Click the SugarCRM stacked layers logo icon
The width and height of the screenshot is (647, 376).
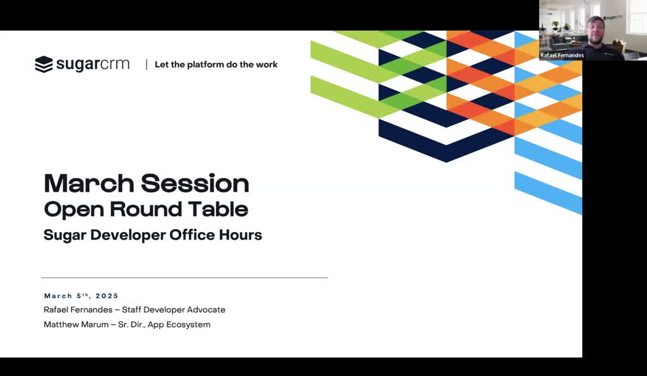[x=44, y=64]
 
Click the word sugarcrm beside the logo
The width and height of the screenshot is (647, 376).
[x=93, y=64]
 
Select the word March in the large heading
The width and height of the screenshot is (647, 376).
[x=88, y=183]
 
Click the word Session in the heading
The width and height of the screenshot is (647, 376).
[x=195, y=183]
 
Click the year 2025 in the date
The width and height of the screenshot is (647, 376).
[x=107, y=296]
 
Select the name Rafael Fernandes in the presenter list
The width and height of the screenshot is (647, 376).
[x=78, y=310]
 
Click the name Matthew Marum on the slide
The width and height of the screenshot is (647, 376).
[x=76, y=324]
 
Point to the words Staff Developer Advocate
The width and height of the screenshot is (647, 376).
[x=174, y=310]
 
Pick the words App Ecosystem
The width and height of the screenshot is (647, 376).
[x=179, y=325]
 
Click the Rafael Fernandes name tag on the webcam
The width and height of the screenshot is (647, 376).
[x=562, y=55]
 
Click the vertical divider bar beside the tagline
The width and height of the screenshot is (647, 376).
[x=146, y=64]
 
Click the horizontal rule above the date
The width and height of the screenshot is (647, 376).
[x=184, y=278]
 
